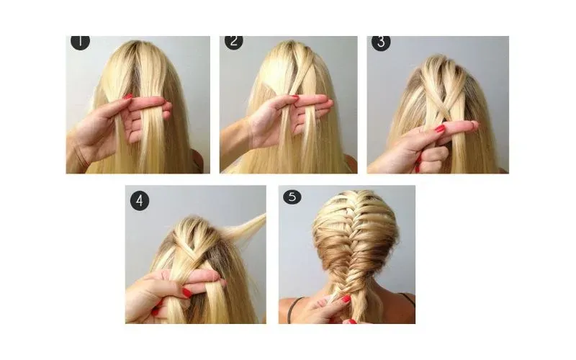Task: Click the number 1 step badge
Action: [x=80, y=42]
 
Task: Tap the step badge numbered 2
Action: [x=233, y=42]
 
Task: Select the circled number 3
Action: [x=381, y=42]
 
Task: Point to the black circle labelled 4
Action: [x=140, y=201]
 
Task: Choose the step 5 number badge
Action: [x=292, y=197]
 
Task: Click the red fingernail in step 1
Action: [x=128, y=96]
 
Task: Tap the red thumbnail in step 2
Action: [x=294, y=97]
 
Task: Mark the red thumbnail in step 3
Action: [x=440, y=129]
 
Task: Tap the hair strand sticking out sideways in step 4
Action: [x=246, y=225]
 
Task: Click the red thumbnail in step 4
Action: [x=187, y=293]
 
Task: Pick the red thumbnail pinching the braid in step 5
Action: [x=346, y=299]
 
